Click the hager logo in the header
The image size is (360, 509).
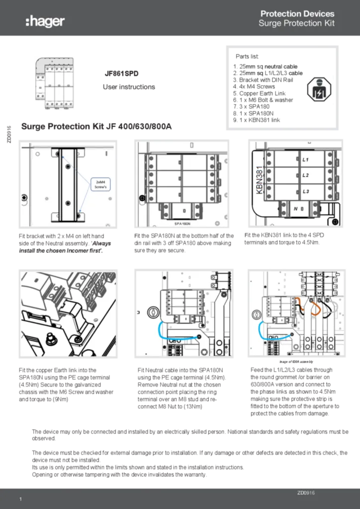(45, 21)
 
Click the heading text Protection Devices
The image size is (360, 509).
(297, 14)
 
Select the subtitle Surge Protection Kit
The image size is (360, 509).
(296, 23)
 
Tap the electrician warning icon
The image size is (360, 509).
(318, 89)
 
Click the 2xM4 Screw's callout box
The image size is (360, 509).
(100, 185)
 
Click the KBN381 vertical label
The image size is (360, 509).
(259, 178)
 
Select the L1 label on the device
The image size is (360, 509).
(306, 160)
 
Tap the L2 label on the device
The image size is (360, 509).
(306, 175)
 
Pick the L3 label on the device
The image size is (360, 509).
(306, 191)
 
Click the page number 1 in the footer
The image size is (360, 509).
(20, 499)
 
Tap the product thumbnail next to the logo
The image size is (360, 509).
(54, 83)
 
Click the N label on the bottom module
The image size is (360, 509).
(295, 209)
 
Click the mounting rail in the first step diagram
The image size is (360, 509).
(68, 184)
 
